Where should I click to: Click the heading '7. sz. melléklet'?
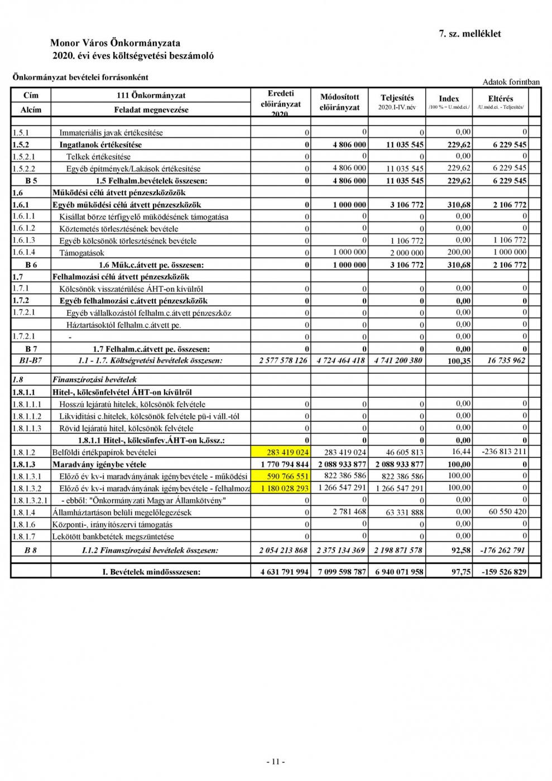(x=470, y=33)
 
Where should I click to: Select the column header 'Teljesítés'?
(x=397, y=98)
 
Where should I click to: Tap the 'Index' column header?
(x=449, y=99)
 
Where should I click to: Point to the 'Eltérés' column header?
(x=500, y=99)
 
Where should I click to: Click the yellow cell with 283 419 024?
(x=281, y=452)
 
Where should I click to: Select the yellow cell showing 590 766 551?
(x=281, y=476)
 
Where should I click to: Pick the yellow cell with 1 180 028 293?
(x=281, y=489)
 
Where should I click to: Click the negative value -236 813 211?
(x=503, y=452)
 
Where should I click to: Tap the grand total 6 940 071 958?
(x=399, y=572)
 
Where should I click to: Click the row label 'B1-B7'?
(x=31, y=361)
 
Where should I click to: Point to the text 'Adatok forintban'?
(x=511, y=82)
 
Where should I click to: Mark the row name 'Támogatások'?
(x=78, y=253)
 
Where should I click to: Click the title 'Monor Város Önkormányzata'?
(x=115, y=43)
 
